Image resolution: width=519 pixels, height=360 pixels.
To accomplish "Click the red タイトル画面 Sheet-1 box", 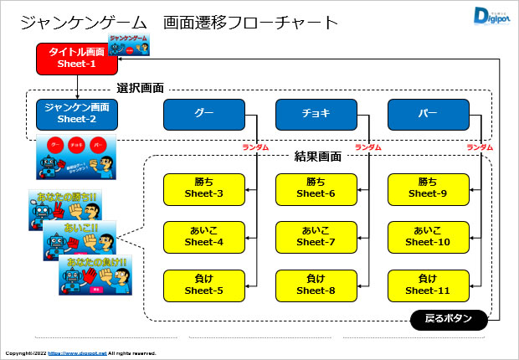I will pyautogui.click(x=77, y=58).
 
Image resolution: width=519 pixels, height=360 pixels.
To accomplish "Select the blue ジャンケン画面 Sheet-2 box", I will pyautogui.click(x=77, y=113).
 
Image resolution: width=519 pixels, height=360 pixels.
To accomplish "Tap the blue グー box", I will pyautogui.click(x=203, y=113).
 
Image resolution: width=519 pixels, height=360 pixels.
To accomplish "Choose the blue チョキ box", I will pyautogui.click(x=316, y=113).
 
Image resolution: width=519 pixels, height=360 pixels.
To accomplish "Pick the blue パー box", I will pyautogui.click(x=428, y=113).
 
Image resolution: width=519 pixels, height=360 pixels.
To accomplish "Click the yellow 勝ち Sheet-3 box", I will pyautogui.click(x=203, y=188).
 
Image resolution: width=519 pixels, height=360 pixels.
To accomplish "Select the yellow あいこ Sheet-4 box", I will pyautogui.click(x=203, y=236).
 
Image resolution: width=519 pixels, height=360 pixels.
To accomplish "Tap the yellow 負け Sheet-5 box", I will pyautogui.click(x=203, y=285).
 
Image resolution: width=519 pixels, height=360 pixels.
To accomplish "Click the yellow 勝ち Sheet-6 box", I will pyautogui.click(x=316, y=188).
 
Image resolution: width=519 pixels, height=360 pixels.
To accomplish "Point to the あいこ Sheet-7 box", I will pyautogui.click(x=316, y=236).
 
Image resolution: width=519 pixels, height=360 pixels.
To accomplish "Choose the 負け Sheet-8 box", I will pyautogui.click(x=316, y=285).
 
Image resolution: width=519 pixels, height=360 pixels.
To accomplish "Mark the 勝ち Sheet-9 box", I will pyautogui.click(x=428, y=188).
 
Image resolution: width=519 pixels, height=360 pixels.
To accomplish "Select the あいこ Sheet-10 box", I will pyautogui.click(x=428, y=236).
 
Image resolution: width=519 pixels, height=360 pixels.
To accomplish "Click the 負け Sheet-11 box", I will pyautogui.click(x=428, y=285).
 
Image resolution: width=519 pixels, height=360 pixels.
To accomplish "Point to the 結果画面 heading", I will pyautogui.click(x=319, y=157).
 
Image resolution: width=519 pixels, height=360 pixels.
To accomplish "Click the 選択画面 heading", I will pyautogui.click(x=140, y=88).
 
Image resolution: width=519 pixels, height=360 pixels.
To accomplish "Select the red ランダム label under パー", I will pyautogui.click(x=480, y=147).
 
